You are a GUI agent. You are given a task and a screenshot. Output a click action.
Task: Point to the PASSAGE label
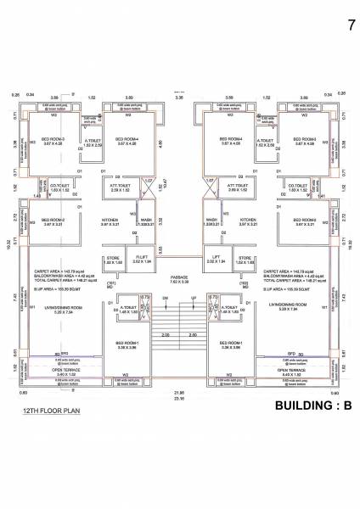(180, 277)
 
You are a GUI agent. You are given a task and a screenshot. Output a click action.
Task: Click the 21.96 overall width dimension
(179, 393)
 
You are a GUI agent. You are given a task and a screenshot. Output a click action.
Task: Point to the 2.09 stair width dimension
(166, 335)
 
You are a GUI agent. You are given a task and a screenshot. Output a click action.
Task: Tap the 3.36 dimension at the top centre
(179, 98)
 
